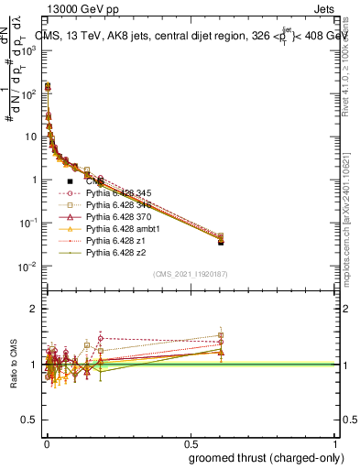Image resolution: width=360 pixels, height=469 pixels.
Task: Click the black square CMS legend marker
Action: [70, 181]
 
